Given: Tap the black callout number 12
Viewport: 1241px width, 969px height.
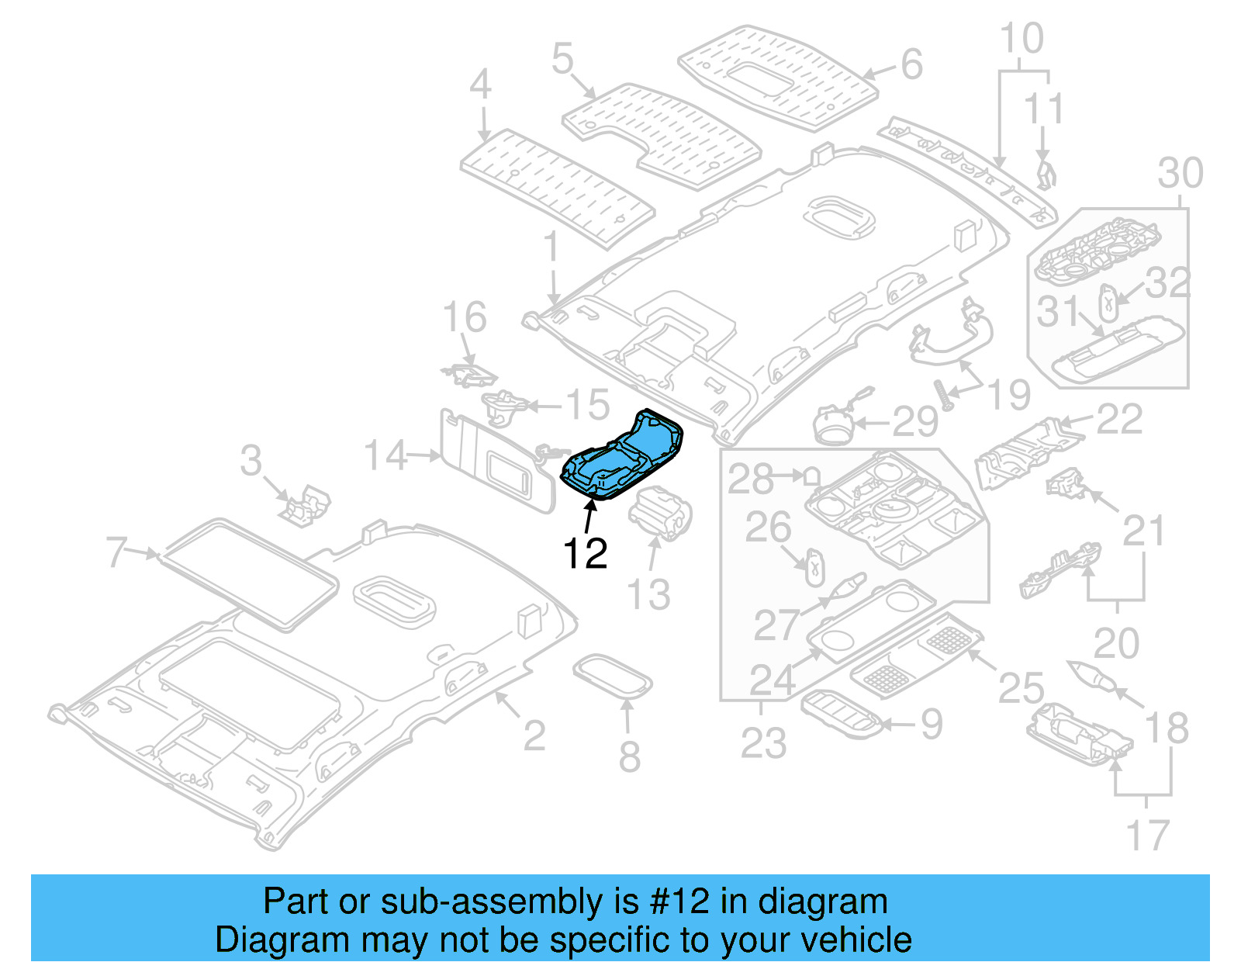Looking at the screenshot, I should (585, 554).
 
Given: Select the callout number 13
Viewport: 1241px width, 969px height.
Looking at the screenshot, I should (648, 595).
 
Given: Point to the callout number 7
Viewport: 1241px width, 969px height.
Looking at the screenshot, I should (116, 552).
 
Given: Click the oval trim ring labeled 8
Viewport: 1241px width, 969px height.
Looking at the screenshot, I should (612, 675).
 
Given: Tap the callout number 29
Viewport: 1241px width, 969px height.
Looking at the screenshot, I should (915, 422).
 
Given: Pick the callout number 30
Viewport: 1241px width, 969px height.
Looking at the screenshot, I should (1180, 173).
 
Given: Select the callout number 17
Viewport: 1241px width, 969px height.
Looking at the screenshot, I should (1146, 836).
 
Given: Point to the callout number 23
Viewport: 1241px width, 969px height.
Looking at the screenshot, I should (763, 742).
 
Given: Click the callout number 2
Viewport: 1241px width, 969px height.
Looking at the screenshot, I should (534, 735).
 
